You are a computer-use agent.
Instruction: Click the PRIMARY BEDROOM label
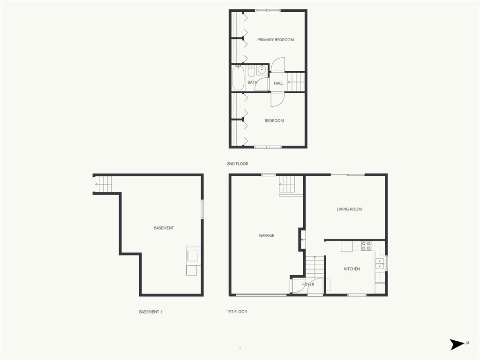[276, 40]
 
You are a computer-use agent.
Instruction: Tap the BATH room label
[252, 82]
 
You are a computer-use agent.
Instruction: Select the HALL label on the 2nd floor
[278, 83]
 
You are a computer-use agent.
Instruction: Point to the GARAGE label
[266, 235]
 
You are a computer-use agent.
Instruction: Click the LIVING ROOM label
[349, 209]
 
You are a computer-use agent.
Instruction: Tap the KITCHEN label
[352, 269]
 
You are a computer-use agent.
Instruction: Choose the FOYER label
[308, 284]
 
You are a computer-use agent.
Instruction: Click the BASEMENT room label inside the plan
[164, 228]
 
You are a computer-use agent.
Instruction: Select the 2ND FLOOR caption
[237, 164]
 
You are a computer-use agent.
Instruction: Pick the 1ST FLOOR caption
[237, 312]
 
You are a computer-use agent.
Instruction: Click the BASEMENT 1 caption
[150, 312]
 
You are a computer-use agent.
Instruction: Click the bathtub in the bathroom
[238, 78]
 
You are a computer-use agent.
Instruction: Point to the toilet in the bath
[251, 71]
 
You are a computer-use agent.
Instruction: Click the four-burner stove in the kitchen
[366, 246]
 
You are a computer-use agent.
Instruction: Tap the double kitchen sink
[380, 264]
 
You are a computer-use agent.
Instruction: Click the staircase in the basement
[103, 184]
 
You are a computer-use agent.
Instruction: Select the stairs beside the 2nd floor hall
[296, 82]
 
